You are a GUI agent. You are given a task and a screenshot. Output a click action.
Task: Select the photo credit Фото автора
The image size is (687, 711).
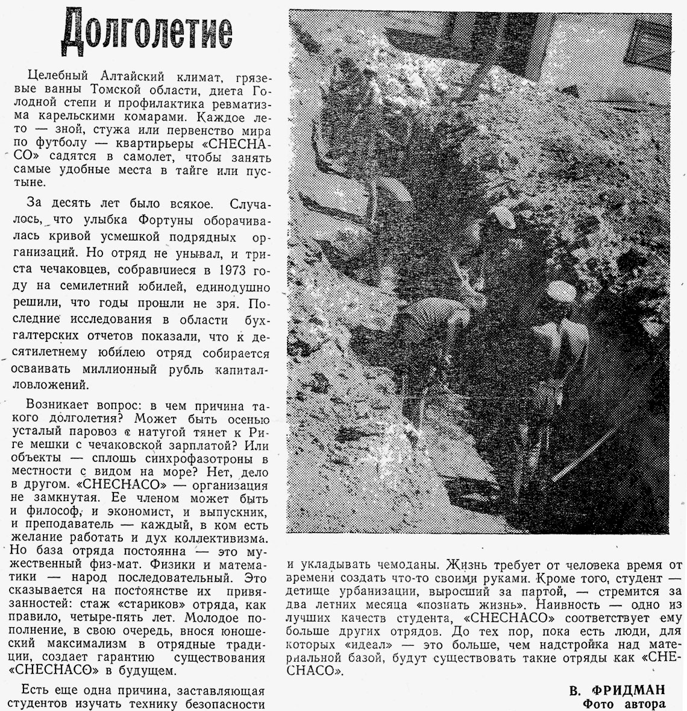(624, 703)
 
